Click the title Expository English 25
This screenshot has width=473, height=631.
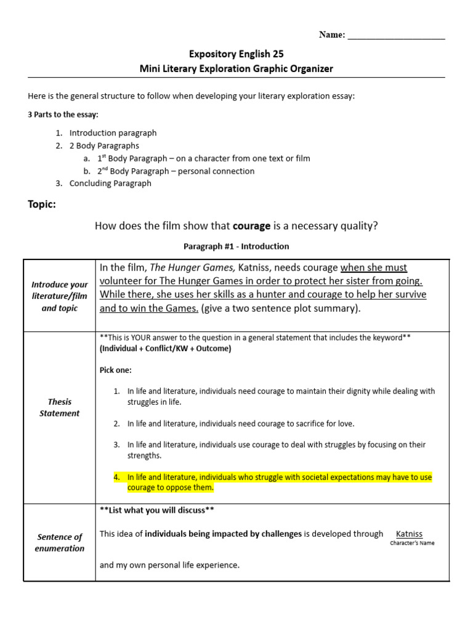point(236,54)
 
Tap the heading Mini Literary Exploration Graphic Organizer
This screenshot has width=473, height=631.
point(236,68)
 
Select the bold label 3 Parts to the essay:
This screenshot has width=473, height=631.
point(63,115)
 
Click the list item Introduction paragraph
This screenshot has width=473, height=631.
point(113,133)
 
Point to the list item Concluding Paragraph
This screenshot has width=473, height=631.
point(110,183)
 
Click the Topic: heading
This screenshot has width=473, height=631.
point(42,205)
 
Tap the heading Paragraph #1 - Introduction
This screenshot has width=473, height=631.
point(236,246)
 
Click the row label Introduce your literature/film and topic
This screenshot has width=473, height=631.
point(60,296)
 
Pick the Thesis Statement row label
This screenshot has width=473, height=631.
point(60,407)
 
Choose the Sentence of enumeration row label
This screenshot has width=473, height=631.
point(60,542)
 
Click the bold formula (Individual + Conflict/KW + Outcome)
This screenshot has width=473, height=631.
point(165,349)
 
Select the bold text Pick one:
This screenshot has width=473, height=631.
point(115,370)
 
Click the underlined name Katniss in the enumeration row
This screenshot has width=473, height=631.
point(409,534)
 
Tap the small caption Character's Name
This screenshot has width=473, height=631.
point(412,543)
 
